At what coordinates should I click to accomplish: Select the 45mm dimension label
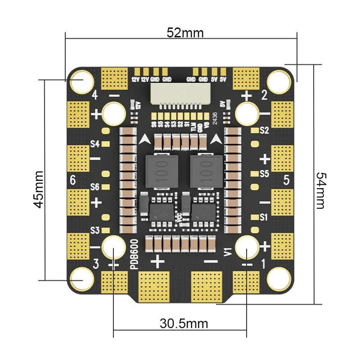[x=39, y=189]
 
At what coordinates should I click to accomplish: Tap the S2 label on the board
[x=264, y=131]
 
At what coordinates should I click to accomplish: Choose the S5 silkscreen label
[x=264, y=173]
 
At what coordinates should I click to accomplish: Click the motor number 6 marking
[x=73, y=180]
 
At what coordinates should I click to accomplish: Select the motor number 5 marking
[x=286, y=180]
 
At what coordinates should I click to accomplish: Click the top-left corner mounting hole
[x=82, y=81]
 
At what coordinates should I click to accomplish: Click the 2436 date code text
[x=215, y=118]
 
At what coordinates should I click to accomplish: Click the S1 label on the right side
[x=264, y=217]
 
